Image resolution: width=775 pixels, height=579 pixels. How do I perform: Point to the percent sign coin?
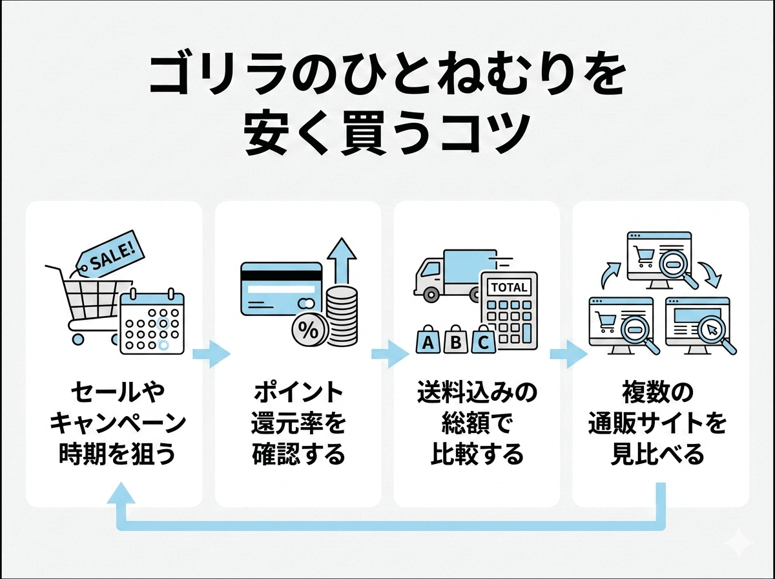[x=307, y=332]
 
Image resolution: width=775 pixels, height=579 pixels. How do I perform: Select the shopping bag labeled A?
[x=428, y=341]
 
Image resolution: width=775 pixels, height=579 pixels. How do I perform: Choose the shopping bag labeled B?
[x=455, y=341]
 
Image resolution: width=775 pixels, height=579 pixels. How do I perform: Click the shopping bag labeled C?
[x=483, y=341]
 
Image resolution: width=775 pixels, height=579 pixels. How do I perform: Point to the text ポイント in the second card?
[x=298, y=392]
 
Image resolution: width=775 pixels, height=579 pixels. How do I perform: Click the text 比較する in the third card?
[x=477, y=454]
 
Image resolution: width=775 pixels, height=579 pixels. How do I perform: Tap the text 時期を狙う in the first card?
[x=118, y=454]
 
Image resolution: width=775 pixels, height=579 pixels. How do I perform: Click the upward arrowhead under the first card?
[x=121, y=494]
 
